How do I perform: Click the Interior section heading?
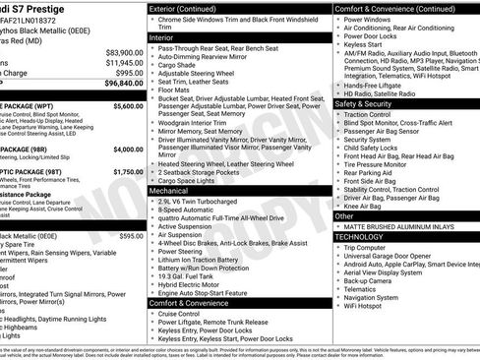coord(162,36)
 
